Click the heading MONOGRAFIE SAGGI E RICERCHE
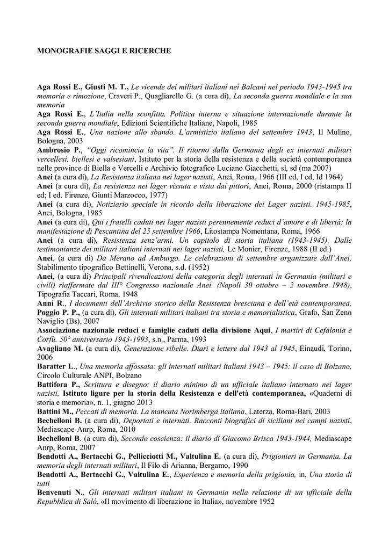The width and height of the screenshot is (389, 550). [x=104, y=51]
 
